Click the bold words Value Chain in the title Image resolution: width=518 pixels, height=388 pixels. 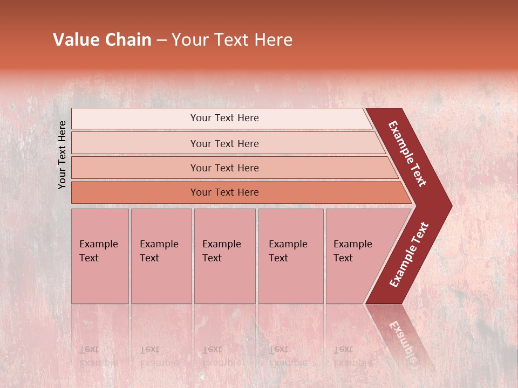tap(102, 40)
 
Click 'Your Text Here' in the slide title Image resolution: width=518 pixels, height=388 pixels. tap(232, 40)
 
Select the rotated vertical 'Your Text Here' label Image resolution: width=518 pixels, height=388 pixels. tap(63, 155)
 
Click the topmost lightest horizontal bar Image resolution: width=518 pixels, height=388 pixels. tap(135, 119)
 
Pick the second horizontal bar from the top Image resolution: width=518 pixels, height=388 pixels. tap(135, 143)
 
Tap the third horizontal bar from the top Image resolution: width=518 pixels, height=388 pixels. tap(135, 168)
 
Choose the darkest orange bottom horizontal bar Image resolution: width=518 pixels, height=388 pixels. tap(135, 192)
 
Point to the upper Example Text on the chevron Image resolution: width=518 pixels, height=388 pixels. tap(407, 154)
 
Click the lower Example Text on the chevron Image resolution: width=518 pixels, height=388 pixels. tap(409, 254)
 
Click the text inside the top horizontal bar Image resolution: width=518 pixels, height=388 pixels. tap(224, 118)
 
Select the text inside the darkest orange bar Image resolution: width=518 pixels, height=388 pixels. tap(224, 192)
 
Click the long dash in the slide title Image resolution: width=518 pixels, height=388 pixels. tap(161, 40)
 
